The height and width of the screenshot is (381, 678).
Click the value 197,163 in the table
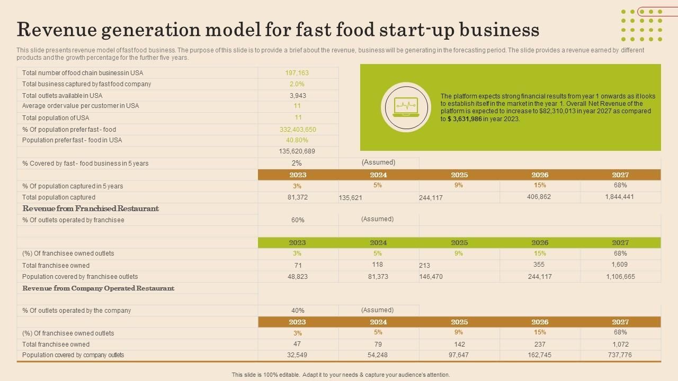[297, 73]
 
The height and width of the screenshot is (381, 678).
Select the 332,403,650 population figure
[298, 130]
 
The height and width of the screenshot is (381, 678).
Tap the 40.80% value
[297, 140]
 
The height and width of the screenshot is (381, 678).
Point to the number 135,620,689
[297, 151]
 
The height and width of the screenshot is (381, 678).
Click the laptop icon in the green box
[406, 107]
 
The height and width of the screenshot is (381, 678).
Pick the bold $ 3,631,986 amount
[464, 119]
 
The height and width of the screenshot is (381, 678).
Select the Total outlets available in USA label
[63, 96]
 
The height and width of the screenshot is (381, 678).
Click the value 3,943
[298, 96]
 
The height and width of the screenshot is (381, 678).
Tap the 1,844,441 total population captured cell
[619, 197]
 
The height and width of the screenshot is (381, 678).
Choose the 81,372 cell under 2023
[298, 197]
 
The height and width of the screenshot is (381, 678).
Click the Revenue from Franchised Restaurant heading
[91, 208]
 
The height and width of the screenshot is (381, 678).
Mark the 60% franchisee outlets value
[298, 220]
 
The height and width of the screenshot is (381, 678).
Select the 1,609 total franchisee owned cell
[619, 265]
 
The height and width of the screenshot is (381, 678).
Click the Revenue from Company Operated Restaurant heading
[98, 288]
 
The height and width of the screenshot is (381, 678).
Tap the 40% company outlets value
[298, 311]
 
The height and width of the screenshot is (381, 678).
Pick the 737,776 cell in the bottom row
[620, 355]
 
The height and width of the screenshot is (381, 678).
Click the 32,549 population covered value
[297, 355]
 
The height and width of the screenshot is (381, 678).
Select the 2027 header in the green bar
[620, 243]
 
